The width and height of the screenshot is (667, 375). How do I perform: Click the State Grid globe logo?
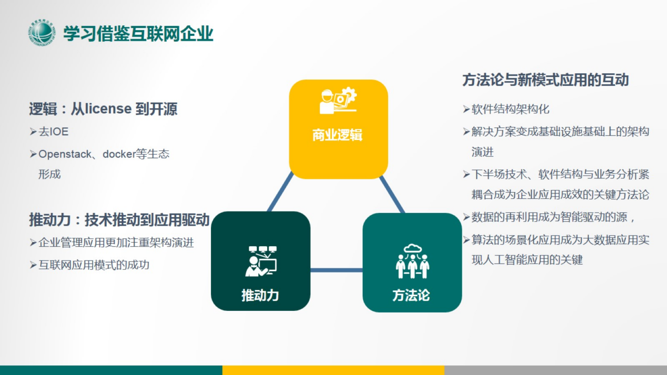(x=42, y=33)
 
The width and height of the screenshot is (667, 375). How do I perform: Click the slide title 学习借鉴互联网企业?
(x=138, y=34)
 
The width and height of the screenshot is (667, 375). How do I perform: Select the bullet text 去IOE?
(x=53, y=132)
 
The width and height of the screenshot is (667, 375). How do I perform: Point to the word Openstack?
(x=65, y=154)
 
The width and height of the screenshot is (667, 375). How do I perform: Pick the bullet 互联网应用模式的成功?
(x=94, y=265)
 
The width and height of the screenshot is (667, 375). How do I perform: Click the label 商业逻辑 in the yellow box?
(x=337, y=135)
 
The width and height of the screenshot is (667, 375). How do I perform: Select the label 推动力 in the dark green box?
(x=260, y=295)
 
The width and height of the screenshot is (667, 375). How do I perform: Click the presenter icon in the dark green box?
(x=261, y=261)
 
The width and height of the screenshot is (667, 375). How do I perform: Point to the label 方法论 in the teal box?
(x=411, y=295)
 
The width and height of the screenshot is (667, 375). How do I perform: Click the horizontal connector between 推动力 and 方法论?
(x=336, y=270)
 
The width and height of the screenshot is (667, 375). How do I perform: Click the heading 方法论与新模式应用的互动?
(x=546, y=80)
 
